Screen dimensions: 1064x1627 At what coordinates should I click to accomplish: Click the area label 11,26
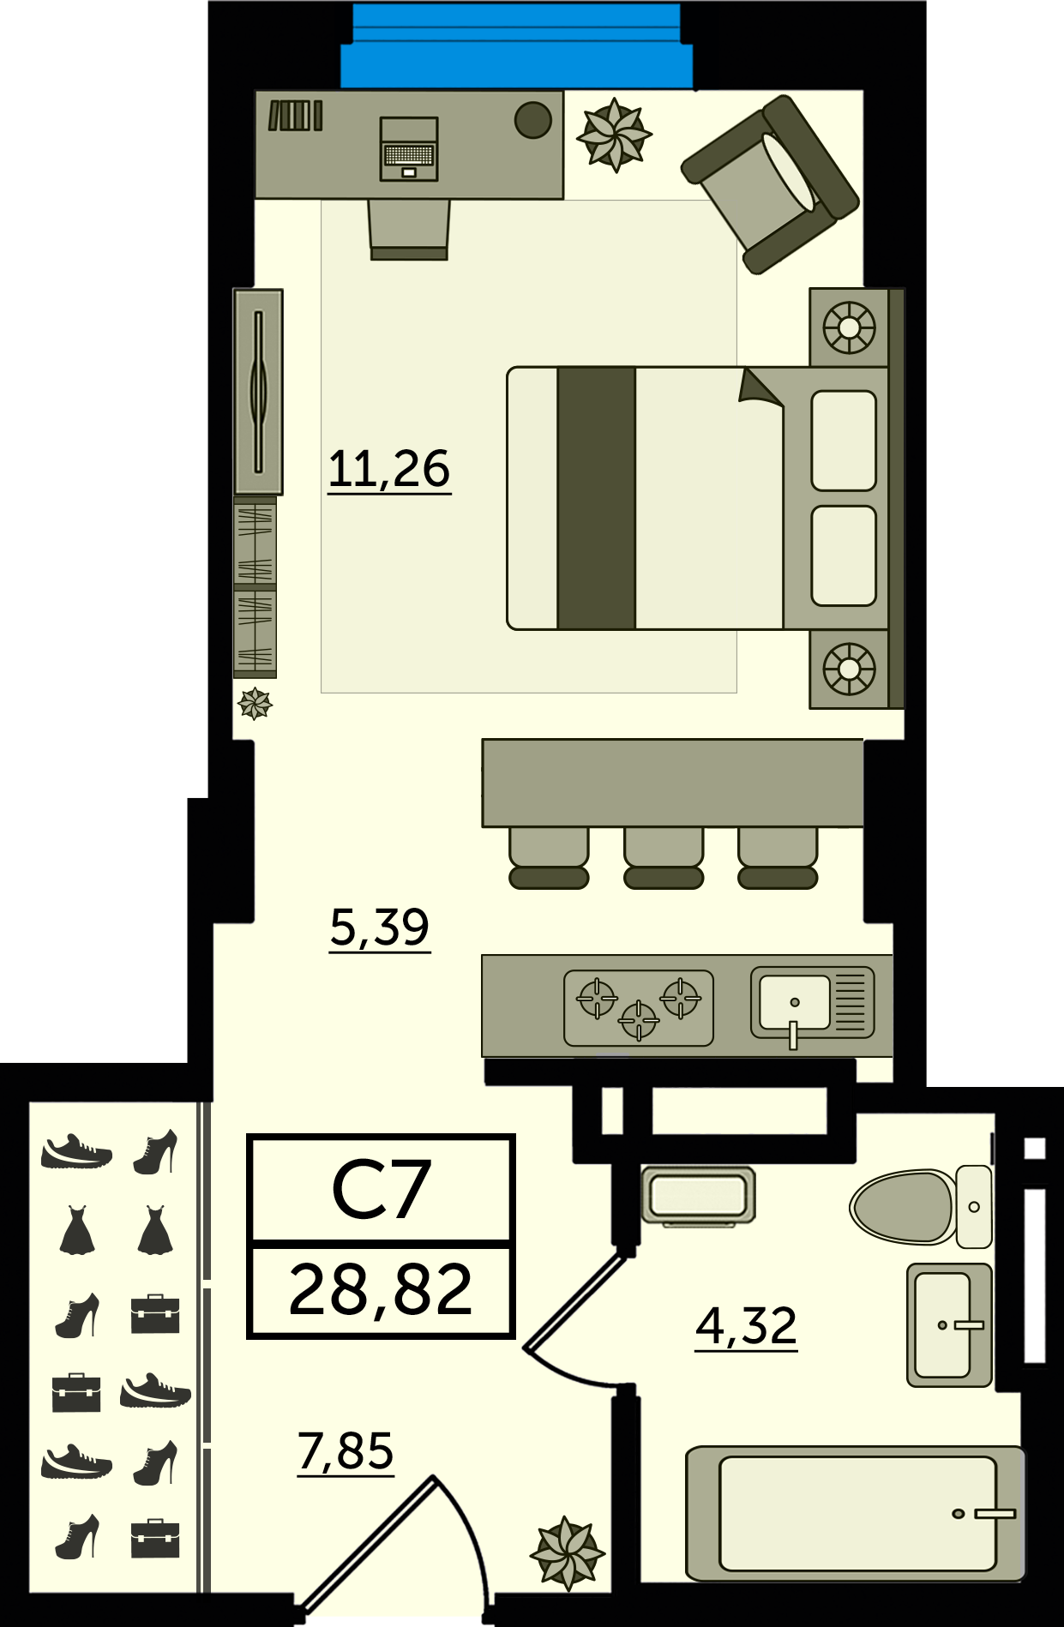389,470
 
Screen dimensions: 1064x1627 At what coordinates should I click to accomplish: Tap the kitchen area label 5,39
380,928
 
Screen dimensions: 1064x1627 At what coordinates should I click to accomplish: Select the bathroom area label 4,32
746,1326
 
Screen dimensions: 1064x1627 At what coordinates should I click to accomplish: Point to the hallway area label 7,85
346,1451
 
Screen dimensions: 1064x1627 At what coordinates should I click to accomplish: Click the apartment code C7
381,1189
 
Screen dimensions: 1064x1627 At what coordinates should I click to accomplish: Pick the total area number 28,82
381,1290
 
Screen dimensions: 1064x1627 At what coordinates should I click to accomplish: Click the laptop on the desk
409,149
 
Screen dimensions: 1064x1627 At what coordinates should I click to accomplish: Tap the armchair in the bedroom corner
770,183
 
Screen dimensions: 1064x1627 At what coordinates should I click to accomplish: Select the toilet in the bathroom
921,1206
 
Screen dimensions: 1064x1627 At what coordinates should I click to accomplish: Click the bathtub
856,1514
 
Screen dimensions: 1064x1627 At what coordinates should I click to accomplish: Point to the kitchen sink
812,1004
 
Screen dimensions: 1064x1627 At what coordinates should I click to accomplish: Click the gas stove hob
639,1008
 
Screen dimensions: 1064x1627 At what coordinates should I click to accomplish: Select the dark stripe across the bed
597,498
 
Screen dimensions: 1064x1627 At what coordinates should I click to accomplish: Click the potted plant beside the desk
614,135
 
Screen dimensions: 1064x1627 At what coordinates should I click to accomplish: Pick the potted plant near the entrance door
568,1552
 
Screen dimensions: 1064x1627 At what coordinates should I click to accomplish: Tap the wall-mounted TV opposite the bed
258,392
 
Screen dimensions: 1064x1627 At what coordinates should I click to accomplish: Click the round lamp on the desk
533,120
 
